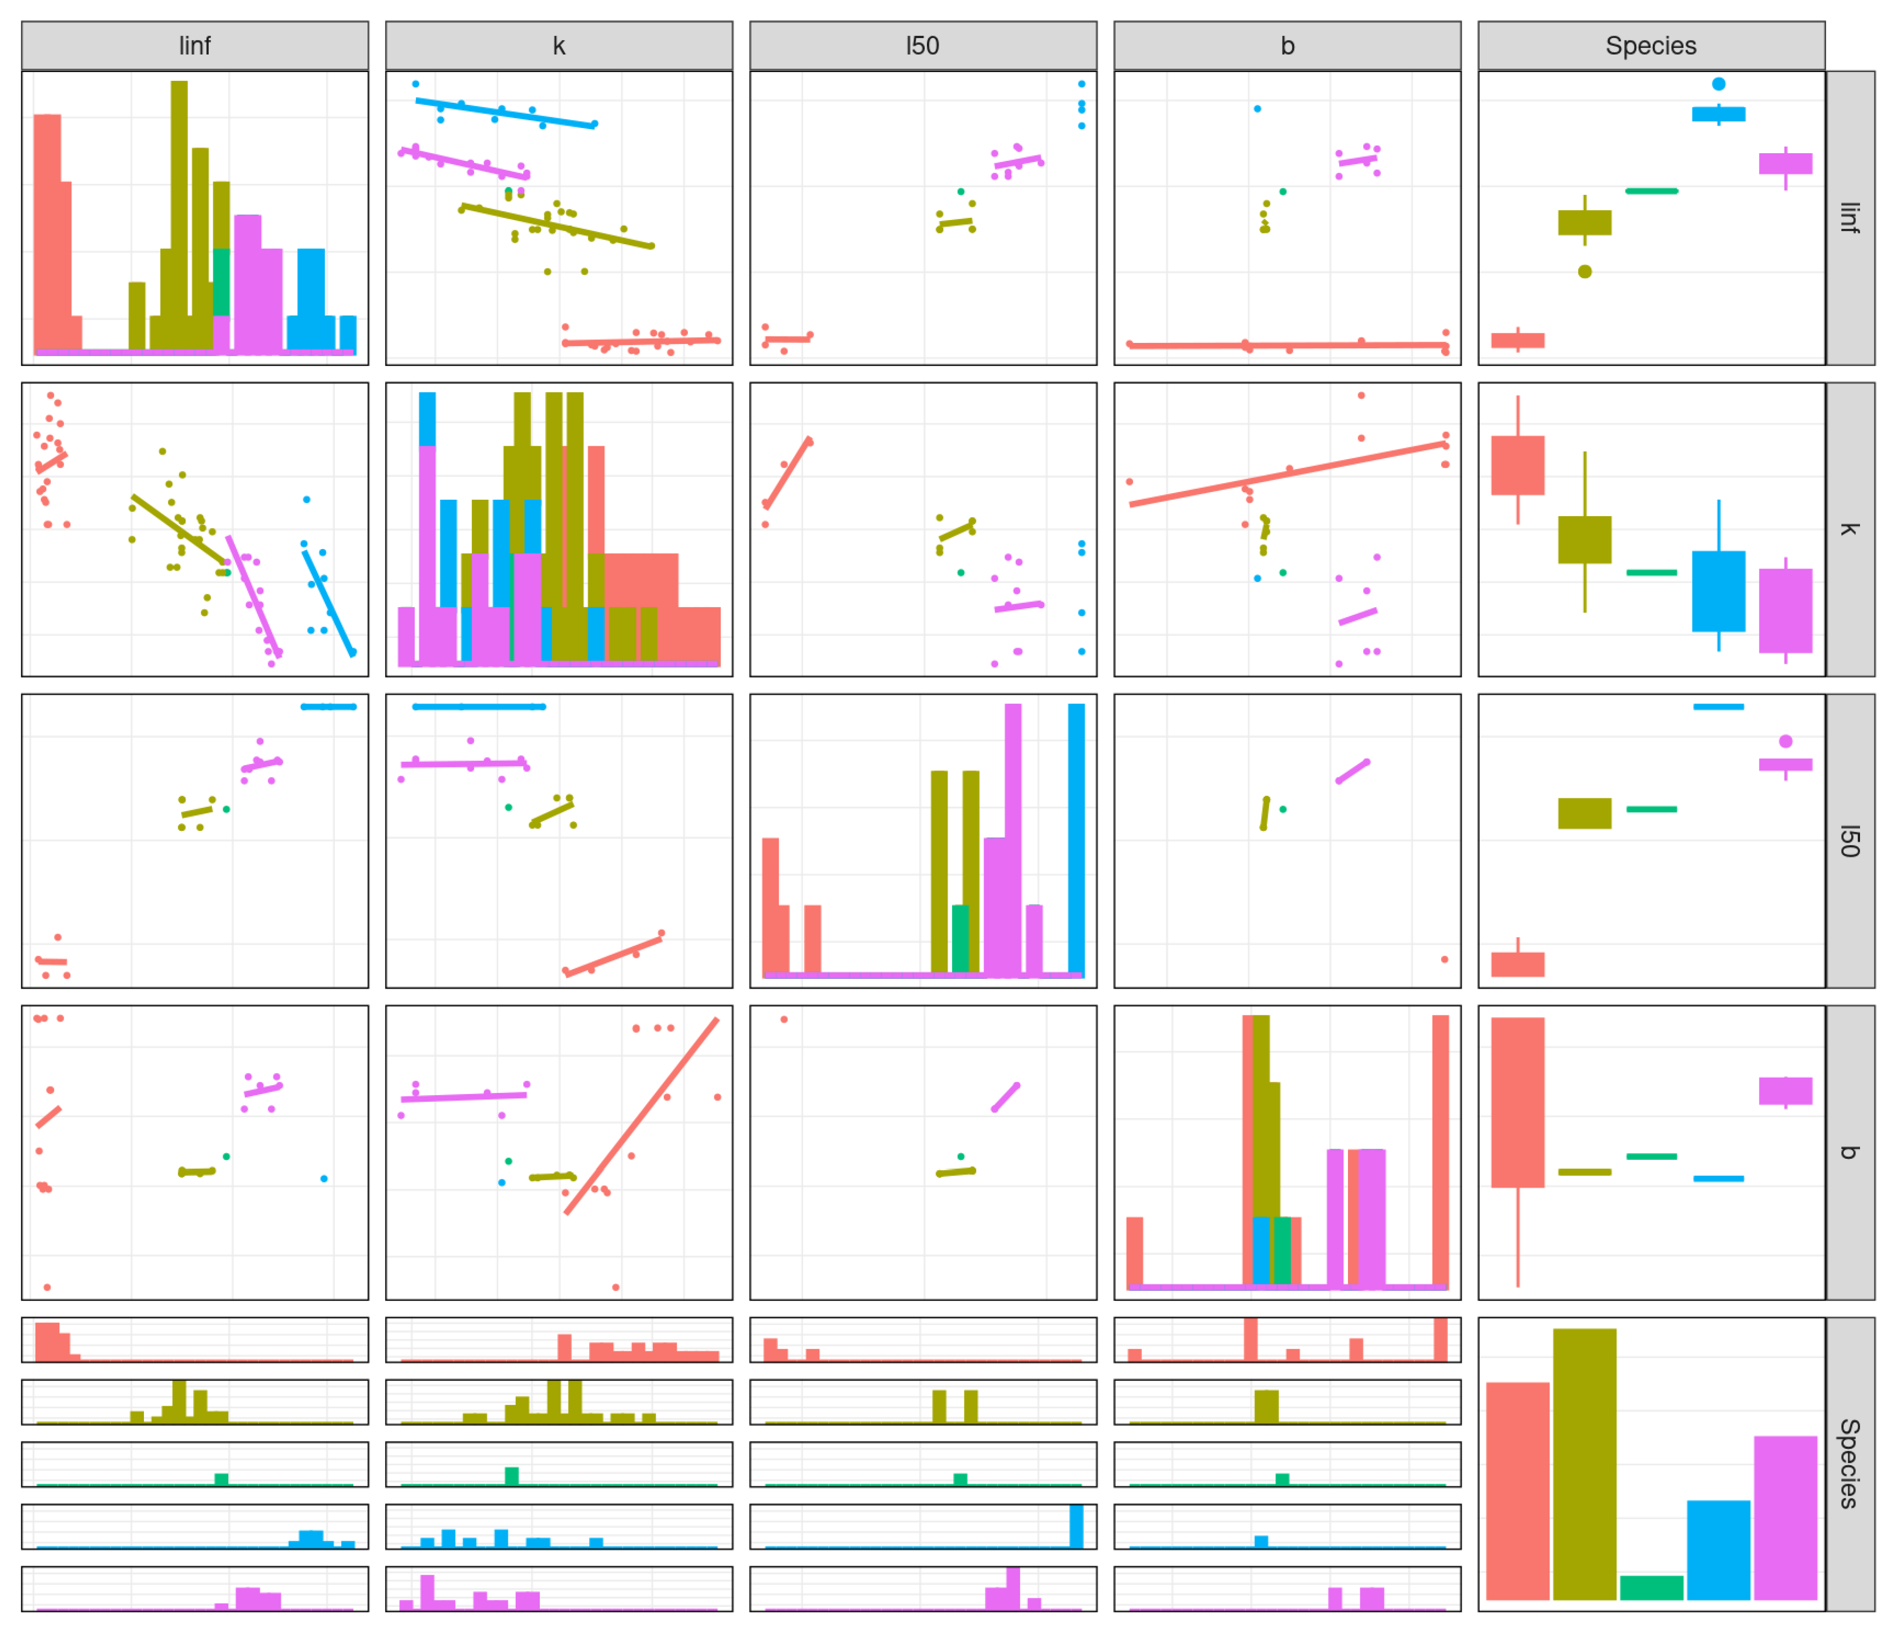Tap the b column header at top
[x=1287, y=46]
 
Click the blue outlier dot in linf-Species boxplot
[x=1719, y=84]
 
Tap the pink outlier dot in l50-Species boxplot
[x=1785, y=741]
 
